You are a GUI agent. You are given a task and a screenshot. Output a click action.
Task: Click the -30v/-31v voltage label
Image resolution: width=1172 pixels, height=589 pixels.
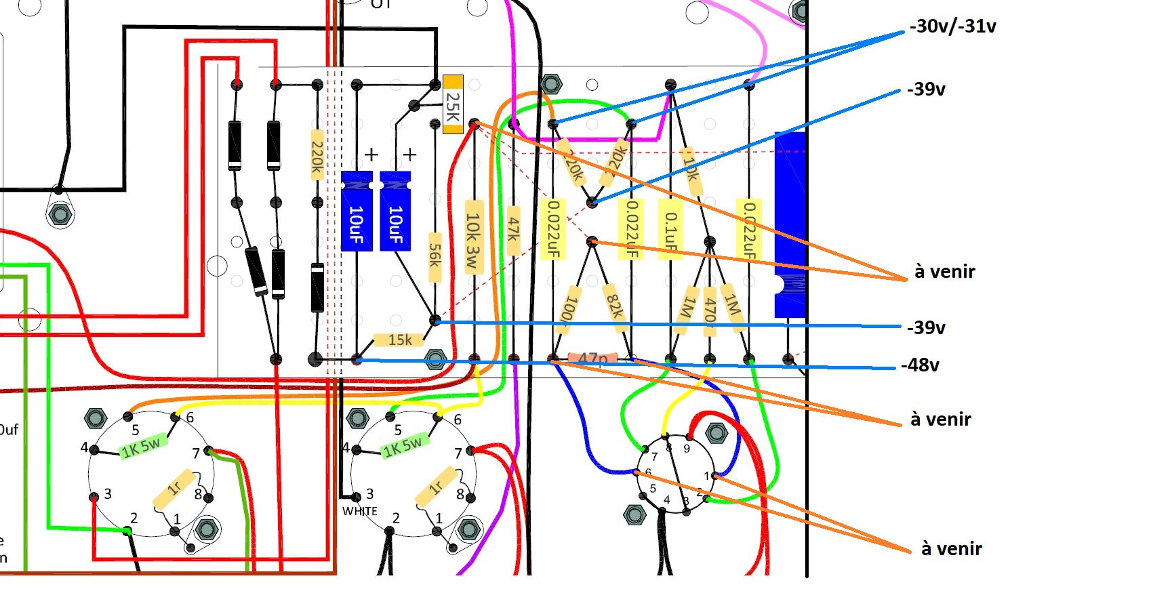pos(952,26)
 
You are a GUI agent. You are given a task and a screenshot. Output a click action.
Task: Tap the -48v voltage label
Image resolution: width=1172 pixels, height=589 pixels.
pos(920,365)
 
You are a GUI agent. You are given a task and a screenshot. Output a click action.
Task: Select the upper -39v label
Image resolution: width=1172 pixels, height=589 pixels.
pos(926,89)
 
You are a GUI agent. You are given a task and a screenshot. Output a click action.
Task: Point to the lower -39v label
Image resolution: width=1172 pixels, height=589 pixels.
pos(926,327)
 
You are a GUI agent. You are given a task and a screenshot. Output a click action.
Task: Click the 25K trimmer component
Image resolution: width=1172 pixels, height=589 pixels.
pos(453,104)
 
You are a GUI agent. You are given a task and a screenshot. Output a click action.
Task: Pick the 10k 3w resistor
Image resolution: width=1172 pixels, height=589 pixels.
pos(473,237)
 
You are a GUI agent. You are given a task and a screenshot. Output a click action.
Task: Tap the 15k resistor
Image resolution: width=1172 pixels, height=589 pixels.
pos(399,339)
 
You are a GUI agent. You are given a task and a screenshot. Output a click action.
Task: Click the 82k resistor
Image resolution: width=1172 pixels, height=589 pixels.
pos(614,305)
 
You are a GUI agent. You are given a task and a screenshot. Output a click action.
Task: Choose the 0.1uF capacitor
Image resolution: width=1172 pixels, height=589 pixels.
pos(670,230)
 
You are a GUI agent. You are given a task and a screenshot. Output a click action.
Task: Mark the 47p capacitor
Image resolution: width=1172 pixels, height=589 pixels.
pos(592,358)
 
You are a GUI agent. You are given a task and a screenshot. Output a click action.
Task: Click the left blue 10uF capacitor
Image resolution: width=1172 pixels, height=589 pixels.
pos(357,211)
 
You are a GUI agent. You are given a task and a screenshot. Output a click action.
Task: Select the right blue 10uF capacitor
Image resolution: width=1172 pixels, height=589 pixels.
pos(395,211)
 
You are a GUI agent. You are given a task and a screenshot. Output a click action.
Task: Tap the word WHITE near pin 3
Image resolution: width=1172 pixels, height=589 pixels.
pos(360,511)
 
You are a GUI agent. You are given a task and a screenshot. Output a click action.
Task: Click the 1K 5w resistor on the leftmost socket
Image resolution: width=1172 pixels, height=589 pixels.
pos(142,446)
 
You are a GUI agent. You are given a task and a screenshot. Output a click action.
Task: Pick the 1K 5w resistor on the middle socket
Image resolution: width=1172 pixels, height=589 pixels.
pos(403,446)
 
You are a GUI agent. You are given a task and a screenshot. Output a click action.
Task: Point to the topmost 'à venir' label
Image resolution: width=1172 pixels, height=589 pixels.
pos(944,271)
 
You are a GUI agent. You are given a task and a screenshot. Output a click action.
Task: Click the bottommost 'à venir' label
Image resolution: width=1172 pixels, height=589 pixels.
pos(951,548)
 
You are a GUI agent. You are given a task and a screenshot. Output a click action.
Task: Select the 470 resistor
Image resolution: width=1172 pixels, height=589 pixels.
pos(710,310)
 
